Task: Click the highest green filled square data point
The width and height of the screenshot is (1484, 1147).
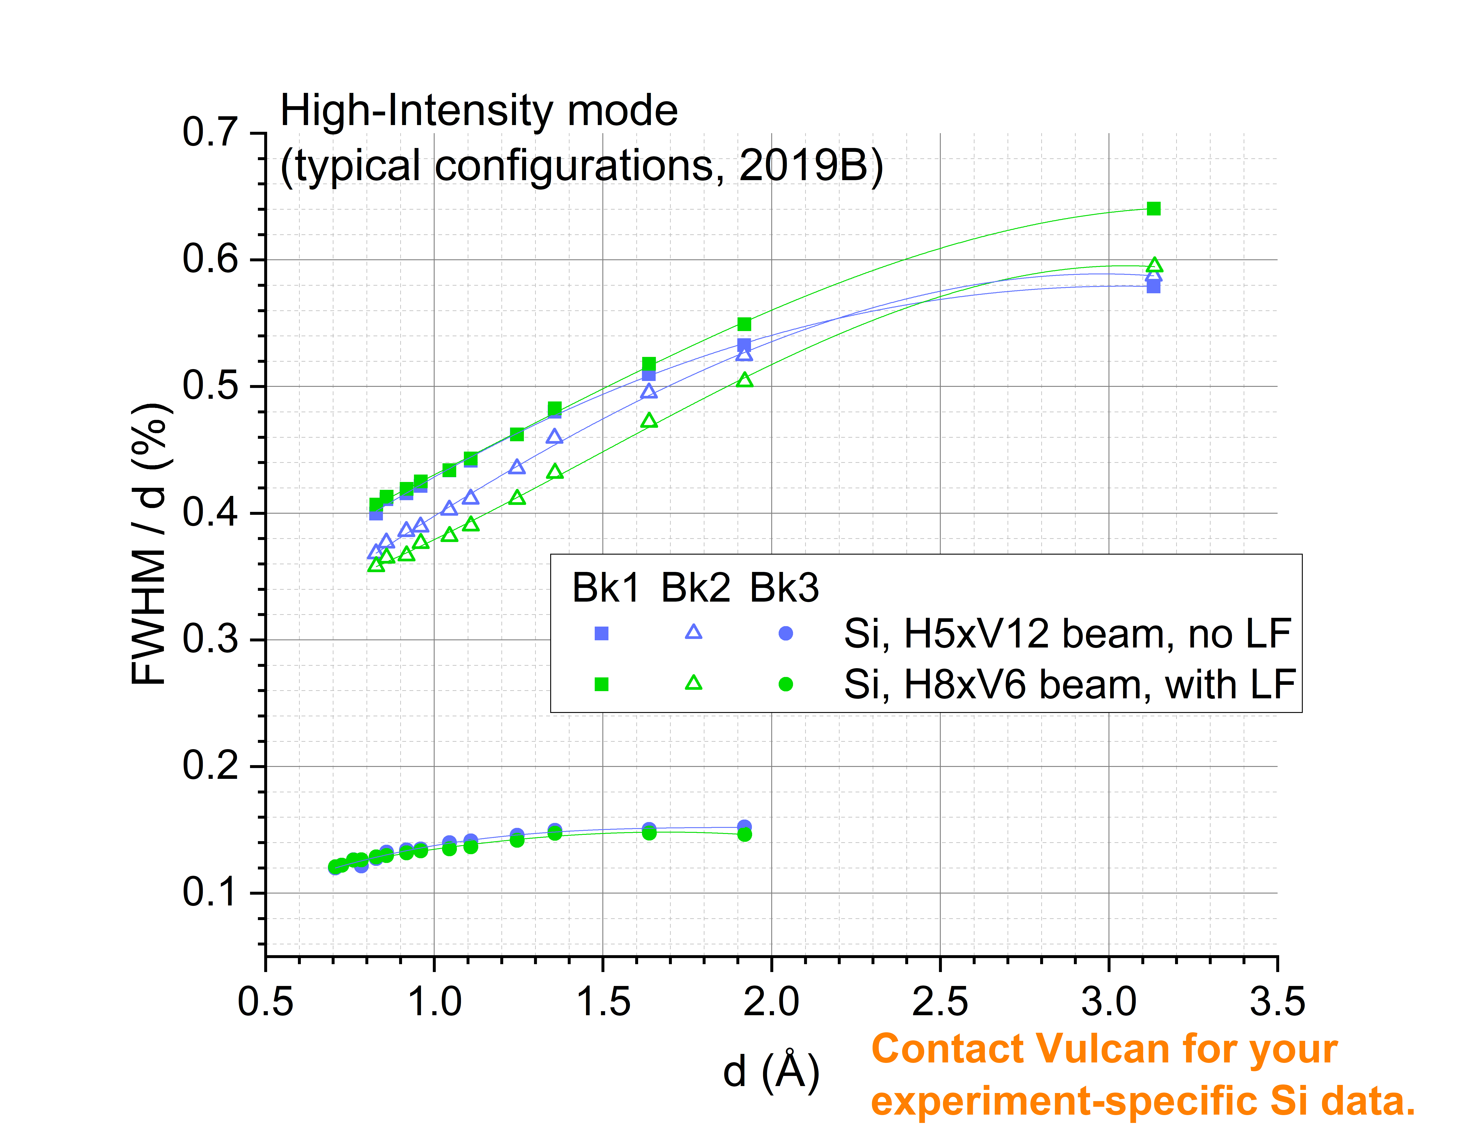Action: [x=1153, y=209]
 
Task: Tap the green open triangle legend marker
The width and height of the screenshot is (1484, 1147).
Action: [x=693, y=683]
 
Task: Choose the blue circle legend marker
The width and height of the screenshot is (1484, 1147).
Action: [x=785, y=633]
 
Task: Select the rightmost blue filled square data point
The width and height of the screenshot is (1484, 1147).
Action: [x=1153, y=287]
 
